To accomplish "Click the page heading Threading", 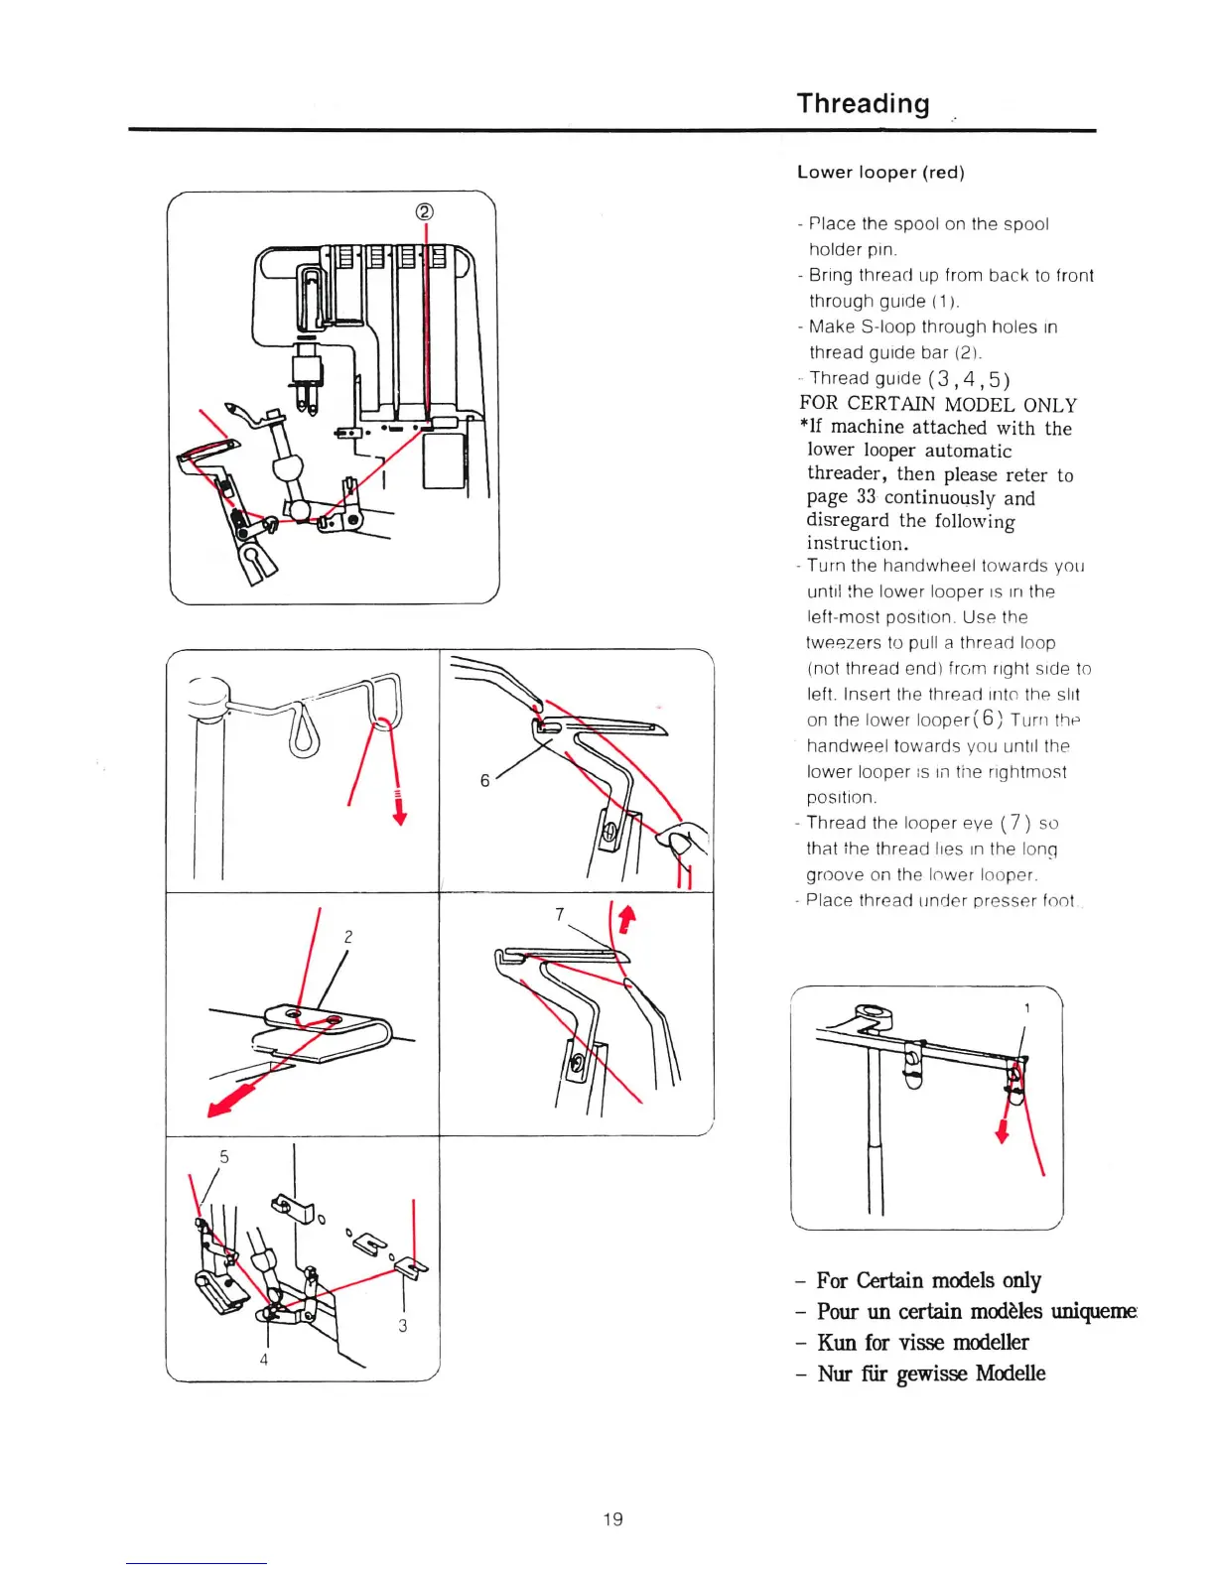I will pos(863,103).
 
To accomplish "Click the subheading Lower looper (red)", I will pos(880,172).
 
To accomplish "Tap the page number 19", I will pos(612,1518).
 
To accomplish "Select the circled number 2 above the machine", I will pos(425,211).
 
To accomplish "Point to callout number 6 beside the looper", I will pos(484,781).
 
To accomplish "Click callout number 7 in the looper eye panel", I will pos(560,914).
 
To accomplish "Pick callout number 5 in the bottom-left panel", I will pos(224,1156).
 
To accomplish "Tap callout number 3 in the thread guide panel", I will pos(402,1325).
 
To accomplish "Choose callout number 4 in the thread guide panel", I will pos(264,1360).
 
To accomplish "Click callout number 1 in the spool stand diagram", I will pos(1026,1008).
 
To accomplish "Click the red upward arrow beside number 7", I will pos(625,920).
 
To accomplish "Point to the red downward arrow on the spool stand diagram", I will pos(1002,1131).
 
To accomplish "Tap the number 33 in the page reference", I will pos(866,497).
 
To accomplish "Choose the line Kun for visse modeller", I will pos(922,1343).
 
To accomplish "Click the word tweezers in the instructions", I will pos(843,643).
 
